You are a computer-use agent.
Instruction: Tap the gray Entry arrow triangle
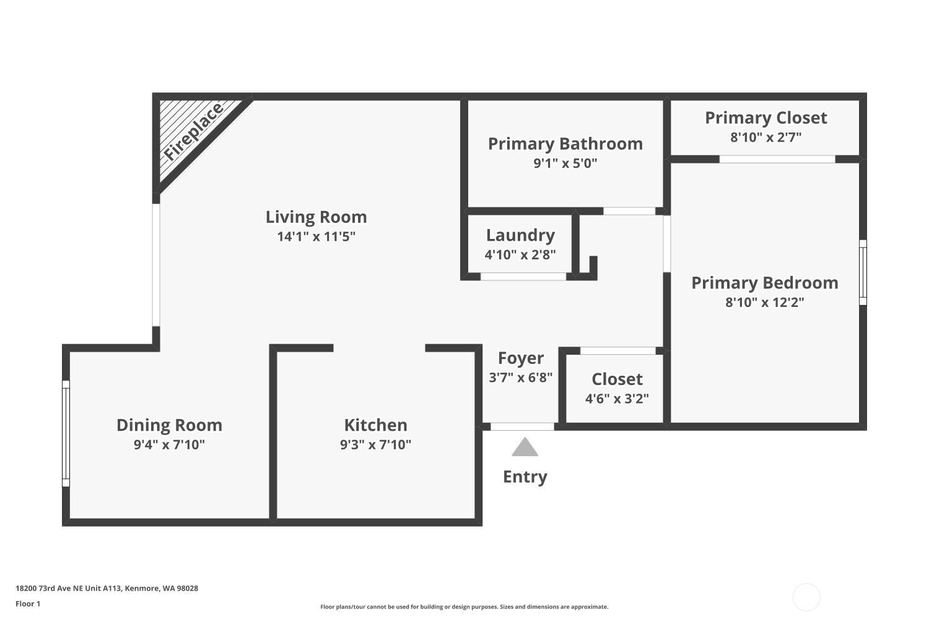click(525, 448)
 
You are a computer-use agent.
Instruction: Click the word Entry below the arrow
click(525, 477)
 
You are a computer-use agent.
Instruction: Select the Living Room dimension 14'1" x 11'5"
click(316, 236)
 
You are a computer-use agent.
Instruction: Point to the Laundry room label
click(520, 235)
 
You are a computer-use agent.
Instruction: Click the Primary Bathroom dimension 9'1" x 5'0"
click(565, 163)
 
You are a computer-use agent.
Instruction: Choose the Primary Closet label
click(766, 118)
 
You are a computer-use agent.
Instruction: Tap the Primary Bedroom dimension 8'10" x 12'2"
click(764, 302)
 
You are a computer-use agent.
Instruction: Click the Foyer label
click(520, 358)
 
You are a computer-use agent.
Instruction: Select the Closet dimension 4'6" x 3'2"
click(617, 399)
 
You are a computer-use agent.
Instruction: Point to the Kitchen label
click(375, 425)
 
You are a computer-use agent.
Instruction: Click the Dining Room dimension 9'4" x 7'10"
click(169, 444)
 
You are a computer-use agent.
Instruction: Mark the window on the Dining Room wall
click(66, 433)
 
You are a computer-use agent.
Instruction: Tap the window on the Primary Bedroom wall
click(863, 272)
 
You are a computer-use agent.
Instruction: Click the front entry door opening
click(522, 426)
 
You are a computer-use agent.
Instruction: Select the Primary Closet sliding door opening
click(777, 159)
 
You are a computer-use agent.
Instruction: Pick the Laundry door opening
click(523, 277)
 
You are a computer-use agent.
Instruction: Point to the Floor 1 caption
click(28, 604)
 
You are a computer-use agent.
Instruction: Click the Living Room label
click(316, 217)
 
